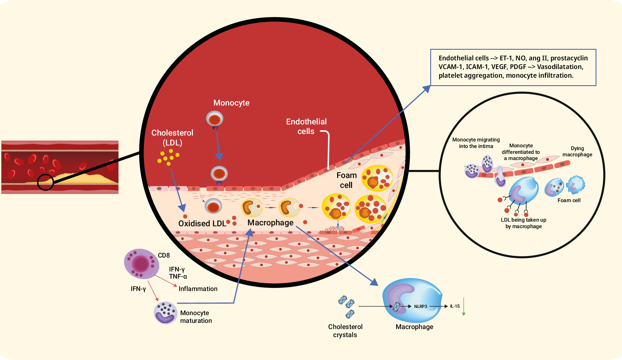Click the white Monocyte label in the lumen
click(x=231, y=103)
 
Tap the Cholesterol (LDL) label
click(x=172, y=138)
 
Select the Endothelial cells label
click(x=306, y=126)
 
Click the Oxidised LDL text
click(x=202, y=223)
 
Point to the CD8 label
click(x=164, y=255)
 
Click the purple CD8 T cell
click(x=141, y=264)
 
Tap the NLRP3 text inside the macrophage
click(x=420, y=306)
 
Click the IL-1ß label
click(x=455, y=306)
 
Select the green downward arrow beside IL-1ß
click(x=463, y=306)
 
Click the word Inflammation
click(x=198, y=289)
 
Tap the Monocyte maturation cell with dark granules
click(x=165, y=313)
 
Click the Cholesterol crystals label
click(x=345, y=331)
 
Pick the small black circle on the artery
click(x=46, y=182)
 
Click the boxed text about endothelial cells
click(x=513, y=67)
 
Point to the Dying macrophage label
click(x=577, y=151)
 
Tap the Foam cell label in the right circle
click(x=569, y=200)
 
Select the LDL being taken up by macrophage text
click(x=524, y=223)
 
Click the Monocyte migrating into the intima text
click(x=476, y=143)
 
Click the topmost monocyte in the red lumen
click(x=215, y=119)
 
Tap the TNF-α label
click(x=178, y=276)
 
